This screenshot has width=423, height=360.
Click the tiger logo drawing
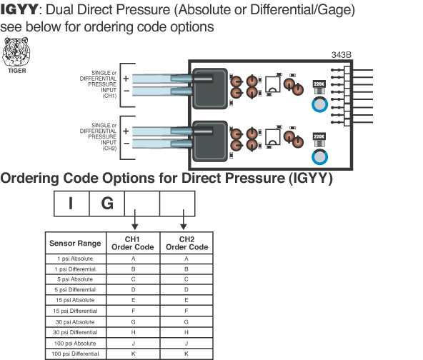point(16,51)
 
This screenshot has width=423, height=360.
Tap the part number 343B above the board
point(342,55)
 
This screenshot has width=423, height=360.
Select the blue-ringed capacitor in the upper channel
point(319,104)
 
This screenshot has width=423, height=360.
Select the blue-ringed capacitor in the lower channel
point(319,157)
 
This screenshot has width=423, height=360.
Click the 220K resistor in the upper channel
point(319,87)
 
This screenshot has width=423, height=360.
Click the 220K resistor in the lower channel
point(319,139)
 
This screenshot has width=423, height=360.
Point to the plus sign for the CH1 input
point(126,79)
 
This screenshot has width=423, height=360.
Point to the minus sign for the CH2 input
point(126,143)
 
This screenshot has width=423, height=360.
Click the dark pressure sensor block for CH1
point(210,89)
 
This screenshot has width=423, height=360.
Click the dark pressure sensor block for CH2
point(210,141)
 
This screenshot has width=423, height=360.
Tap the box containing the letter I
point(71,204)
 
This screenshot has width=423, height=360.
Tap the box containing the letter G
point(107,204)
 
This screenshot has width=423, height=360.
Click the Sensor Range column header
point(75,244)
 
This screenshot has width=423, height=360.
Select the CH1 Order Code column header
point(133,244)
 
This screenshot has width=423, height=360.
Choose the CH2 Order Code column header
point(187,244)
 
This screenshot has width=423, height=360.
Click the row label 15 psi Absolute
point(75,300)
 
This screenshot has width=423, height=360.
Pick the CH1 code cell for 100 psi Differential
point(134,354)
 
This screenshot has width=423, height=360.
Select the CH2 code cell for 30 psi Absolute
point(186,322)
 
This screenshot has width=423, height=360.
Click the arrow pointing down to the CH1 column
point(135,219)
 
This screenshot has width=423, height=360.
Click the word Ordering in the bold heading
point(29,179)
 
